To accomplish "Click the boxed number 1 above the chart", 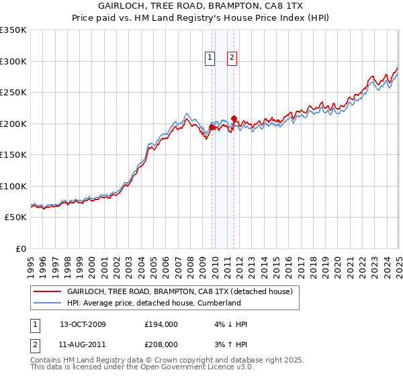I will pos(210,58).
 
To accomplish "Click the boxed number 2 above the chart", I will pos(232,58).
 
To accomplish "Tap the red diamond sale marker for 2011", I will pos(234,119).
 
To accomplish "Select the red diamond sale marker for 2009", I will pos(212,127).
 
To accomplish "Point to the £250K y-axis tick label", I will pos(13,93).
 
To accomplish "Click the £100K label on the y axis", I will pos(13,186).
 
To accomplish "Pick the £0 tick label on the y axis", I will pos(21,248).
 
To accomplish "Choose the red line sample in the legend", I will pos(46,291).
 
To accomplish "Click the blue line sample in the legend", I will pos(46,303).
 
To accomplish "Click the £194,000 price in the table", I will pos(161,324).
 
